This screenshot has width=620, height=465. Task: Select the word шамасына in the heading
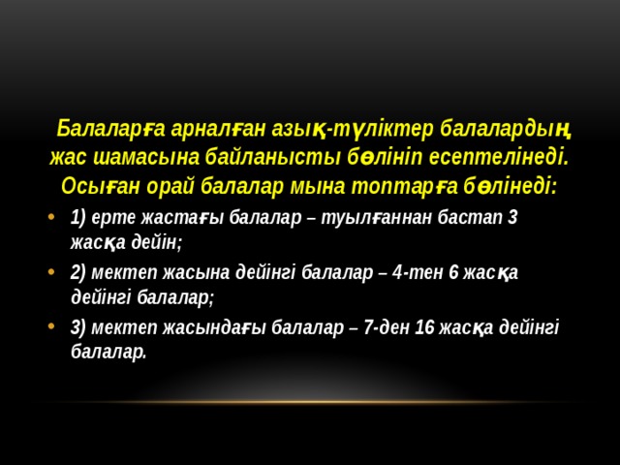point(141,156)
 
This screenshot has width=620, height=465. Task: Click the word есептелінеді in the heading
point(503,156)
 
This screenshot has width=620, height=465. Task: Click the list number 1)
point(79,217)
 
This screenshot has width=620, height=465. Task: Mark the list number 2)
point(79,272)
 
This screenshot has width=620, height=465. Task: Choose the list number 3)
point(79,327)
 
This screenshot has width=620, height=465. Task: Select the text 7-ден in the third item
point(386,327)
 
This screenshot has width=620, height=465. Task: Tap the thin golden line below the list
point(310,401)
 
